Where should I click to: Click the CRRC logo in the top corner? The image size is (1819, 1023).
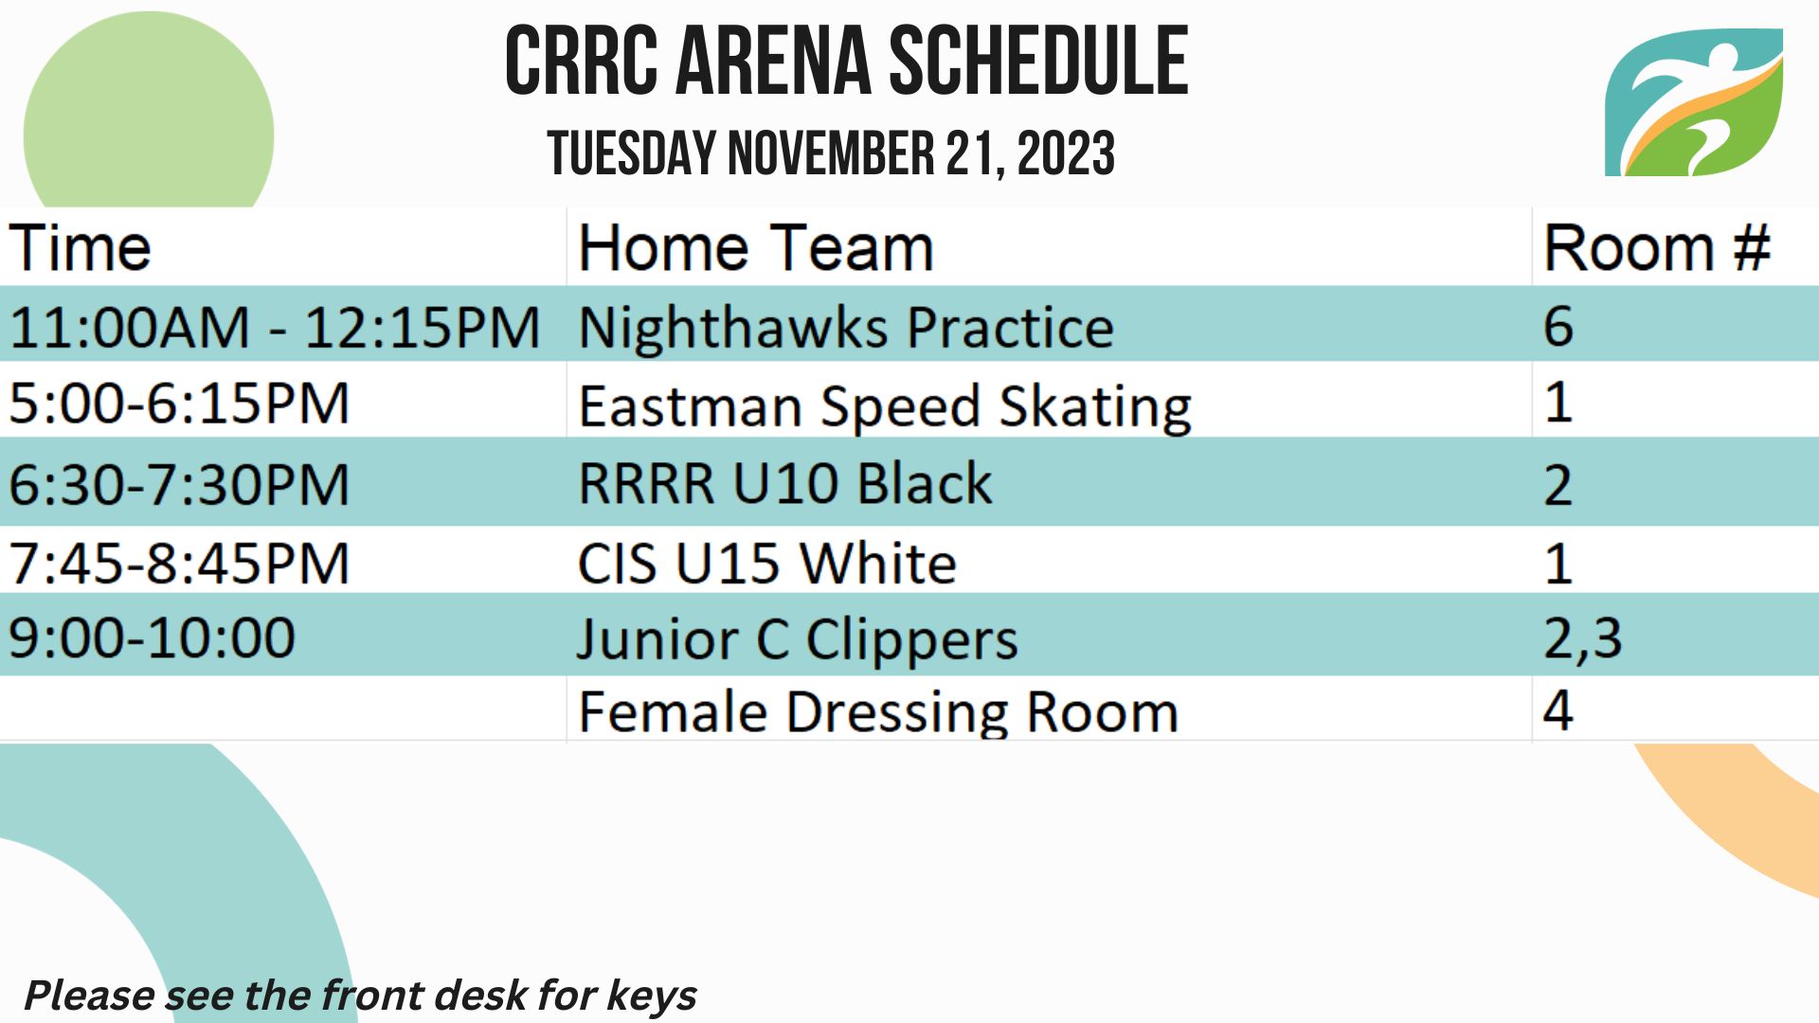[x=1694, y=102]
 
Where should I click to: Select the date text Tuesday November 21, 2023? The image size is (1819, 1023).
[x=831, y=153]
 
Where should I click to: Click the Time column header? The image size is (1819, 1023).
[x=80, y=248]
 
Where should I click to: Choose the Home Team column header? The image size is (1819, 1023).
[x=756, y=248]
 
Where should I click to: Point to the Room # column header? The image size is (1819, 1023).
[x=1657, y=248]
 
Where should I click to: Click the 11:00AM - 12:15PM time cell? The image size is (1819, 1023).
[x=275, y=328]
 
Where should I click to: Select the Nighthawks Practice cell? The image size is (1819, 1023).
[x=846, y=328]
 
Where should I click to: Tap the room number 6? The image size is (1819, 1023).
[x=1558, y=327]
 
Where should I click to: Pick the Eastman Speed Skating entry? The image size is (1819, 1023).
[x=885, y=406]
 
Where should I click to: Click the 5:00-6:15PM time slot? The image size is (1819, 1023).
[x=179, y=404]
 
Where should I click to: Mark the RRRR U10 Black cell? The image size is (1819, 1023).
[x=785, y=483]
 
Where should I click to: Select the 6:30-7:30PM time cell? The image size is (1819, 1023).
[x=179, y=484]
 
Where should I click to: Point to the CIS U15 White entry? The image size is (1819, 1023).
[x=767, y=563]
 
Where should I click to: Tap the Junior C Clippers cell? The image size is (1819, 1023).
[x=798, y=639]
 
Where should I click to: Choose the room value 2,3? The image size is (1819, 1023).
[x=1583, y=638]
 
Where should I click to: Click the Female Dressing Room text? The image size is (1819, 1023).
[x=878, y=712]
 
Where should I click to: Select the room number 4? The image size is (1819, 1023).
[x=1558, y=709]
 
